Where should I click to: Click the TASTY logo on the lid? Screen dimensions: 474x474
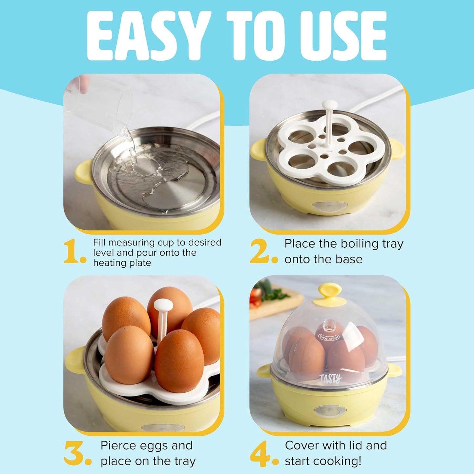(x=330, y=379)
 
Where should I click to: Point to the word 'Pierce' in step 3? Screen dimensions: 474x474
(x=119, y=445)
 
